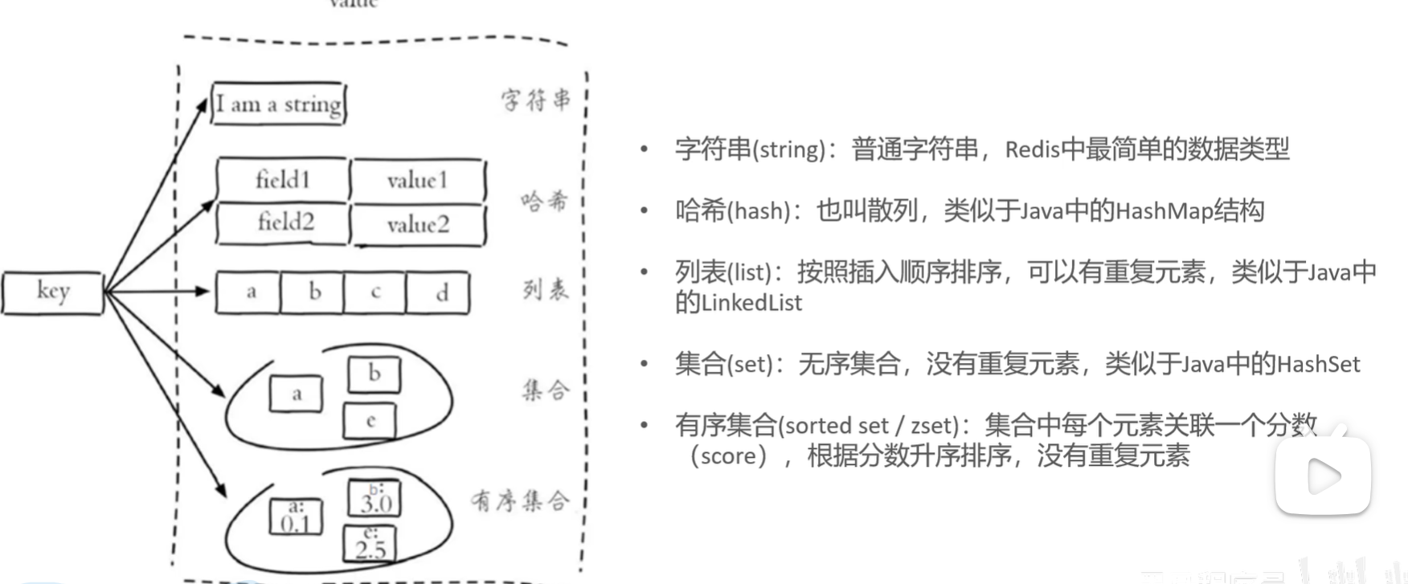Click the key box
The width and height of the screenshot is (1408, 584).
[52, 292]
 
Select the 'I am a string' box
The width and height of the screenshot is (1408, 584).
[278, 104]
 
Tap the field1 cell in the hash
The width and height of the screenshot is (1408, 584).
[283, 179]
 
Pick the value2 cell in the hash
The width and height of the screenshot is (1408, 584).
[418, 224]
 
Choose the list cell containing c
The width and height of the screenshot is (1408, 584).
[375, 292]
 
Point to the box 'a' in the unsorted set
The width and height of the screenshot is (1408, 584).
[297, 394]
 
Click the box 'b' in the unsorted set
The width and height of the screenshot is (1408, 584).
[374, 374]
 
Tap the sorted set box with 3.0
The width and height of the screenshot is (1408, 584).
[375, 499]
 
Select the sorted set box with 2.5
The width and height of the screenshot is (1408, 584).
[370, 544]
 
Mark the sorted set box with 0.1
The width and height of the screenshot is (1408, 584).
[296, 517]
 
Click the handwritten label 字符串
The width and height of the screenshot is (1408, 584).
[536, 100]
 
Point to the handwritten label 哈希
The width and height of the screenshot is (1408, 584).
[544, 200]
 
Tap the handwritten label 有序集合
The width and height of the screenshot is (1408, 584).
[521, 501]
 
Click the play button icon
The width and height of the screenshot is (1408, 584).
[1323, 476]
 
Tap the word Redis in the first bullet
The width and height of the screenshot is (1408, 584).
[1032, 150]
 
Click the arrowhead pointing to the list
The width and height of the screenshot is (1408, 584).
[203, 291]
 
